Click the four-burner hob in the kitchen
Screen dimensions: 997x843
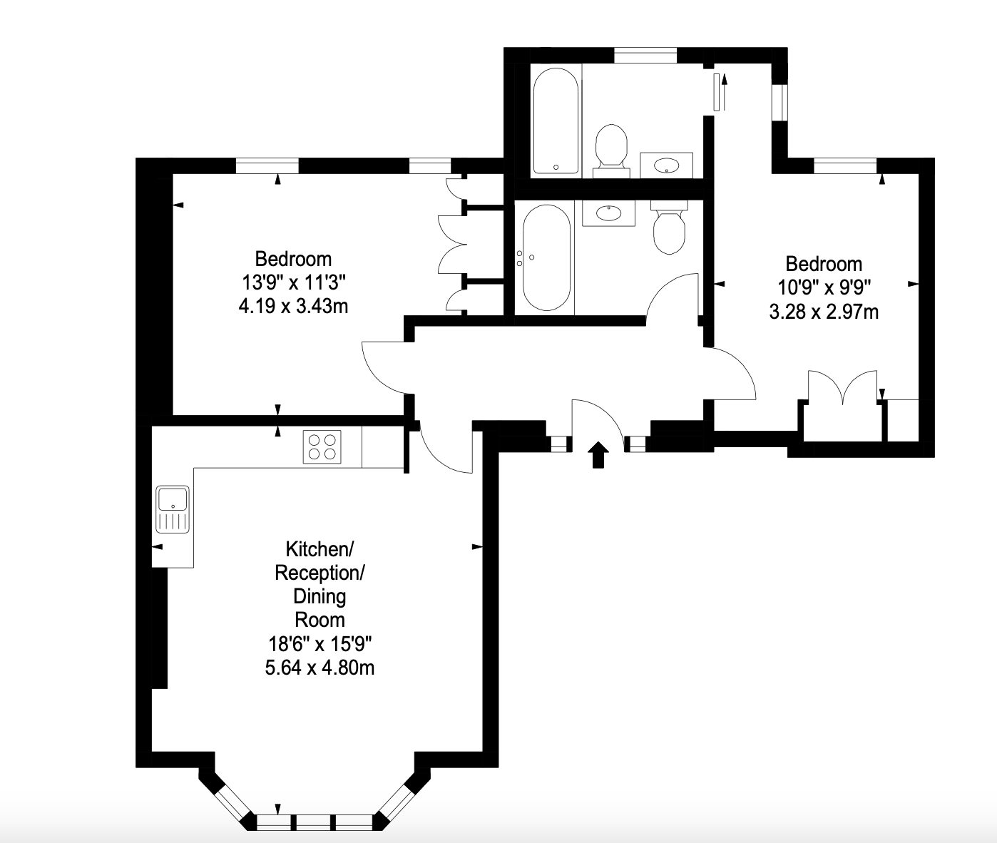(x=322, y=447)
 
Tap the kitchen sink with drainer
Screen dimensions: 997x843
(x=173, y=509)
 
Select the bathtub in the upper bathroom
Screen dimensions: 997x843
(x=556, y=121)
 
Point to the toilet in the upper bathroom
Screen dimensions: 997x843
(x=611, y=151)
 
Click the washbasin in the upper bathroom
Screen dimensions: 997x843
(x=667, y=165)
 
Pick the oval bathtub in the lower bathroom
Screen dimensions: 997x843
(x=547, y=257)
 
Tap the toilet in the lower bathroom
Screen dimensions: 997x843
(x=669, y=227)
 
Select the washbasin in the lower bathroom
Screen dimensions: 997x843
(x=609, y=213)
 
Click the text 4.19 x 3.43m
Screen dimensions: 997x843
(x=293, y=306)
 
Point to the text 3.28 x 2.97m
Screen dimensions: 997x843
(x=824, y=312)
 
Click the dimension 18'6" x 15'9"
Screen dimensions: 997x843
(x=319, y=644)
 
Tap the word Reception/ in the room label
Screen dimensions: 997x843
(x=319, y=573)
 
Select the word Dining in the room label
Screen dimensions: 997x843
(x=319, y=596)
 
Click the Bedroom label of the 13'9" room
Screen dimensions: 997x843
(x=293, y=259)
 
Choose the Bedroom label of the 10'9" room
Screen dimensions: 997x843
(x=824, y=265)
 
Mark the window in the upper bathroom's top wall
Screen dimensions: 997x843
(x=645, y=55)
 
